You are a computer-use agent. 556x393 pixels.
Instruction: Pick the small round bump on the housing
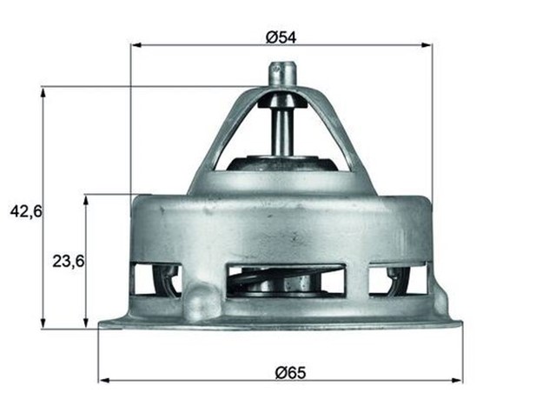tap(202, 301)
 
